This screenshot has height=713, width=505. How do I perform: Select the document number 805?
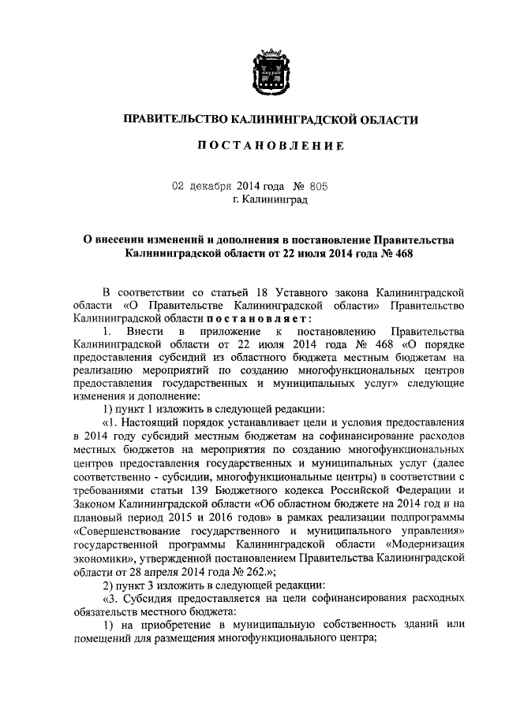[x=316, y=187]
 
